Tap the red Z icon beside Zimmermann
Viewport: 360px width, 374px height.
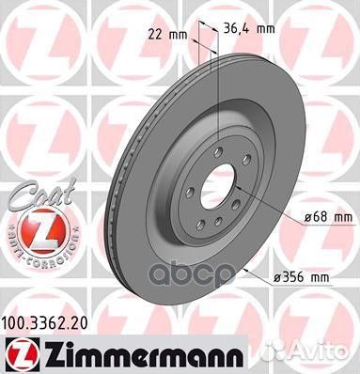[16, 352]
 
